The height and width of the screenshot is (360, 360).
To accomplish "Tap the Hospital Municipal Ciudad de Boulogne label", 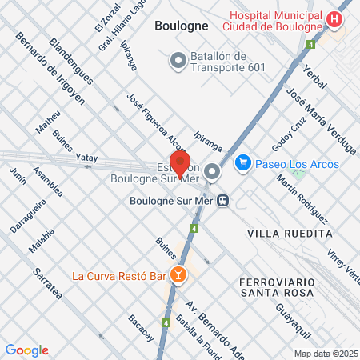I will (276, 21).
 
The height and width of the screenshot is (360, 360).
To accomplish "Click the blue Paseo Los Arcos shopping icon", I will (242, 163).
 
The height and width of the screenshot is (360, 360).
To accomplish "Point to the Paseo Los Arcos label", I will (297, 164).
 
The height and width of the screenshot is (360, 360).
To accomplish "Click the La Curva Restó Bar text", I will (118, 277).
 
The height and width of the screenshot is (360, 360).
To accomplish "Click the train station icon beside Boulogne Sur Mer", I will (226, 200).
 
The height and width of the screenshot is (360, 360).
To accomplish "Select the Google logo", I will (26, 350).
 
